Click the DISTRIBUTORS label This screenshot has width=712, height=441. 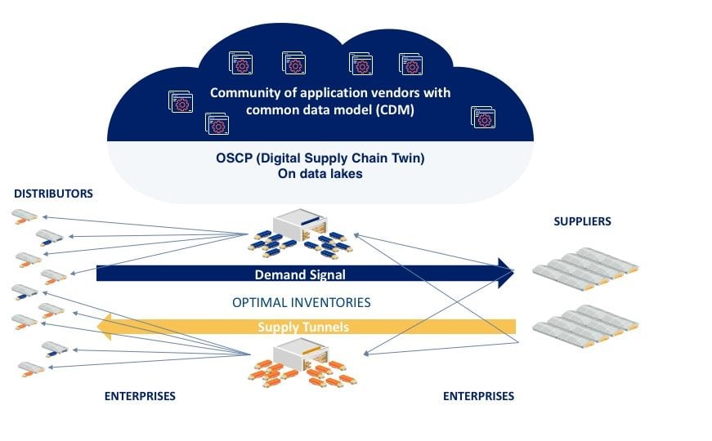point(54,194)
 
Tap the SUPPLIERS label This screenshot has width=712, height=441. point(582,221)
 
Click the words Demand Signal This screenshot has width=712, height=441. point(300,274)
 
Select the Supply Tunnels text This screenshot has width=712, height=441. point(303,327)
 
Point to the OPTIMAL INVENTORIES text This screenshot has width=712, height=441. point(302,303)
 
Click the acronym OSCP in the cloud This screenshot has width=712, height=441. point(234,158)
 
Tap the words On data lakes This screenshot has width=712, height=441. point(320,174)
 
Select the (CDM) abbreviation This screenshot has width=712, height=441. point(395,109)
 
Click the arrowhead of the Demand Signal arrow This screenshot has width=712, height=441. point(506,273)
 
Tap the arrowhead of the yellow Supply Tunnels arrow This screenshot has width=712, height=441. point(105,327)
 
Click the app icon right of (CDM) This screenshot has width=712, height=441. point(483,118)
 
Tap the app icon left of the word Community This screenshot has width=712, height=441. point(181,101)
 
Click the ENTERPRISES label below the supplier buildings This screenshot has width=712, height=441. point(478,396)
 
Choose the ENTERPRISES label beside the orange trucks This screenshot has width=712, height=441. point(140,396)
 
